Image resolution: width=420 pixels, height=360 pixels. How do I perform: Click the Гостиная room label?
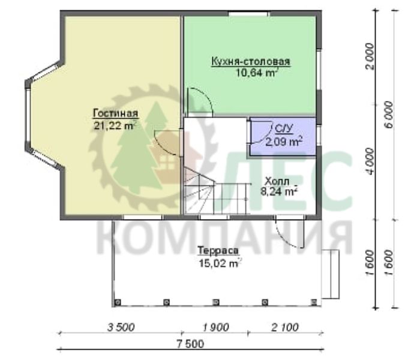point(115,113)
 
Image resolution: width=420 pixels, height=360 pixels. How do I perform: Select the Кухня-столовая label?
point(251,61)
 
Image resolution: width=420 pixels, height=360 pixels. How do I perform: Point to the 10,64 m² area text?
point(257,73)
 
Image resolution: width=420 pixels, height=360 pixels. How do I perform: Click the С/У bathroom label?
point(284,129)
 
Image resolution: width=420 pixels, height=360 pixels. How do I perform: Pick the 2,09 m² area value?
point(284,141)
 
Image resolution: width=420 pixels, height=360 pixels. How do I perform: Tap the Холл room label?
point(277,181)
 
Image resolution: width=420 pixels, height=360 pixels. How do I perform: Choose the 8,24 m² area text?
point(279,191)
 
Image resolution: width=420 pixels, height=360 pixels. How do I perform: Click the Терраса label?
point(218,251)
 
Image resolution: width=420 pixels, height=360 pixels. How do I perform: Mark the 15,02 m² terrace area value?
point(220,263)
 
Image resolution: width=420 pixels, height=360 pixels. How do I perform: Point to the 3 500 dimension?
point(121,328)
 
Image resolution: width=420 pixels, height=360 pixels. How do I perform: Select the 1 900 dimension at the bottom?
point(216,328)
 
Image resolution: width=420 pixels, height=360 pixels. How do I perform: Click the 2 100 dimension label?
point(285,328)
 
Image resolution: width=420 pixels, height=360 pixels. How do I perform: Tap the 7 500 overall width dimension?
point(190,344)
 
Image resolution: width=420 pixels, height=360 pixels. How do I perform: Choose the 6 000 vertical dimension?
point(389,115)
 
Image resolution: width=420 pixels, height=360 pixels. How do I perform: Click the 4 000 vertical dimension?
point(370,161)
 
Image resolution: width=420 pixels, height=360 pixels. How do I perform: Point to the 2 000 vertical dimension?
point(370,56)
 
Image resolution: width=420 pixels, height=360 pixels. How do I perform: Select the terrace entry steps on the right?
point(331,274)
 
